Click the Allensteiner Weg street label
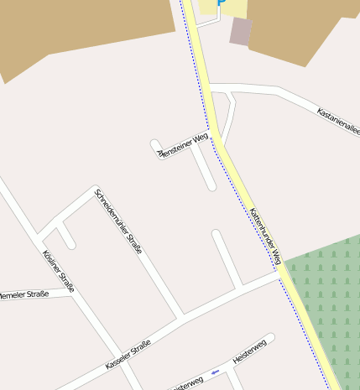click(x=182, y=145)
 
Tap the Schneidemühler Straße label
click(x=118, y=221)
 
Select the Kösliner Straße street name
click(x=58, y=271)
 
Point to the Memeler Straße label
click(x=24, y=294)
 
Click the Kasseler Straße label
click(x=128, y=355)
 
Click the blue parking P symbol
click(x=222, y=3)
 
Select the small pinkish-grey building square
click(x=241, y=31)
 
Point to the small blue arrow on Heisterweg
click(x=215, y=371)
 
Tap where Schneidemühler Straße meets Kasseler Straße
click(x=181, y=316)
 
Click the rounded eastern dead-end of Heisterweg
click(x=269, y=339)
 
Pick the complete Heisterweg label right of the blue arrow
click(x=249, y=351)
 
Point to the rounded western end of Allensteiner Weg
click(x=155, y=143)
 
